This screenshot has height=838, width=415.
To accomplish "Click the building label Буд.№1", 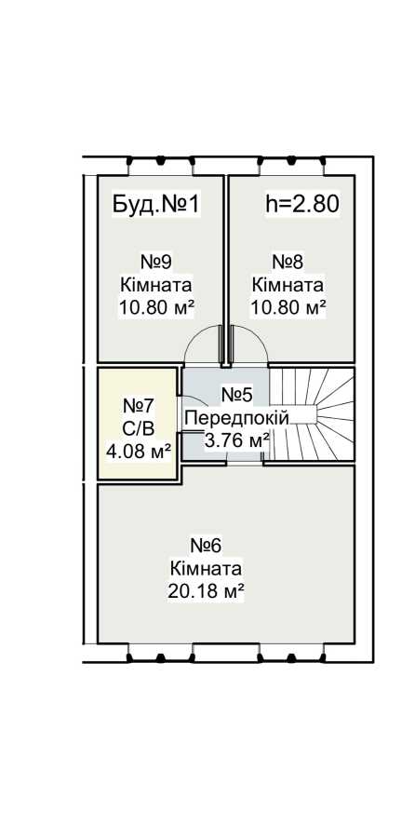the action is pos(156,204).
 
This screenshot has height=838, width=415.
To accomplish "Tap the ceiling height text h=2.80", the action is pos(302,204).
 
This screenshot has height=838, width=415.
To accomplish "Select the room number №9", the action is pos(155,262).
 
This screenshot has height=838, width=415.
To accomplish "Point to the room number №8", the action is pos(288,262).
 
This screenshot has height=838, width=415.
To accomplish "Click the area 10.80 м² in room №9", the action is pos(155,308).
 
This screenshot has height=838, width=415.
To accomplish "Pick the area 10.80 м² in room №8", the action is pos(288,308).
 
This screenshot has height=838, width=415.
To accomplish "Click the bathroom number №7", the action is pos(139,406).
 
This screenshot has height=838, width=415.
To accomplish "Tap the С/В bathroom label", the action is pos(139,428).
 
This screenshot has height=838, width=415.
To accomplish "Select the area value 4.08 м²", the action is pos(139,453).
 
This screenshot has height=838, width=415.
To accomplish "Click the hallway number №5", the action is pos(236,395).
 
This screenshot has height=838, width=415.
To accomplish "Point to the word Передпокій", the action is pos(236,418).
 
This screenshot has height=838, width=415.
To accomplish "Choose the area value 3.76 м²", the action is pos(236,441).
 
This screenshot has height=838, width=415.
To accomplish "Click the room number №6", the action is pos(206,546).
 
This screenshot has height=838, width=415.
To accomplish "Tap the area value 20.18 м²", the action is pos(206,591).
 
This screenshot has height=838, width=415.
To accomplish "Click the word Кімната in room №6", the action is pos(206,568).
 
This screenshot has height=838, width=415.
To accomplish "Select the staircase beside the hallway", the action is pos(311,414).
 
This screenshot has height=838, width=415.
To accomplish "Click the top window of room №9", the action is pos(160,167).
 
